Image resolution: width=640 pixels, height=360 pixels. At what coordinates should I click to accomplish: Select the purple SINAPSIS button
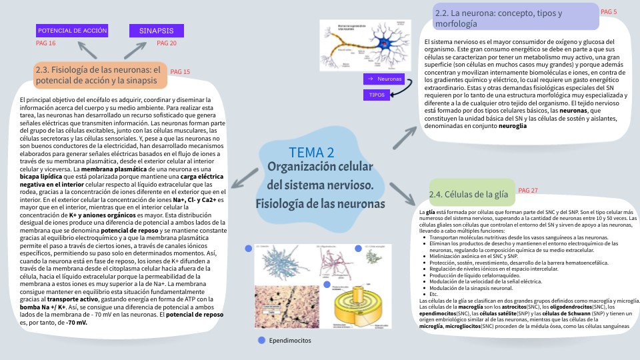point(156,31)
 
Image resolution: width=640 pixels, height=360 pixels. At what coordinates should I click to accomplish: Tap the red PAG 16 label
point(45,43)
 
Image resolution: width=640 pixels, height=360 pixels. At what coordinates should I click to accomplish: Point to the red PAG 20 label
point(167,43)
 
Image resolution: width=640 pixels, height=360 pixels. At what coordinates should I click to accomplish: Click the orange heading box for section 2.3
point(101,75)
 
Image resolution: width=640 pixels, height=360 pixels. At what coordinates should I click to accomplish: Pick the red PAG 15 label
point(180,71)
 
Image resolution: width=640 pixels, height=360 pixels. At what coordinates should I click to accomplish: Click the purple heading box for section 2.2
point(506,18)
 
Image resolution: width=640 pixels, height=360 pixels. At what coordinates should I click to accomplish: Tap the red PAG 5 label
point(609,12)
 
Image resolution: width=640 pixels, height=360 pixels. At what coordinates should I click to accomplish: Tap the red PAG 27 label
point(527,191)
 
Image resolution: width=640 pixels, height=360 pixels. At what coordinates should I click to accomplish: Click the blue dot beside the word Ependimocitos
point(261,340)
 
